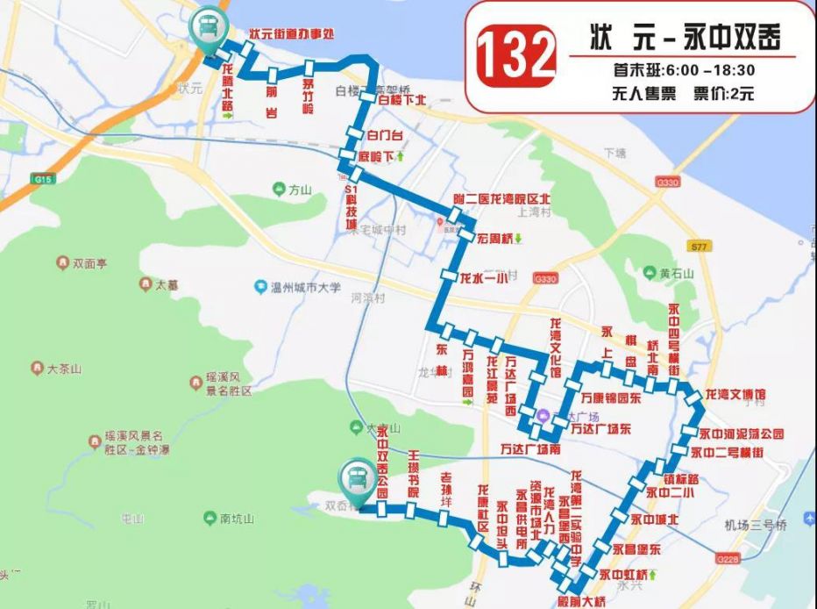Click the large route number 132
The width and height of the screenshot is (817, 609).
point(516,54)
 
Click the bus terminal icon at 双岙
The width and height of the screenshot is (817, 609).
point(356,479)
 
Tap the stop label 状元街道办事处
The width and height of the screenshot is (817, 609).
point(293,34)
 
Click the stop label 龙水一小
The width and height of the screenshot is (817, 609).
point(484,279)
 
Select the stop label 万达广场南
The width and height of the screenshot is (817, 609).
point(529,449)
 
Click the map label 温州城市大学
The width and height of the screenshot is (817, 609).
point(304,287)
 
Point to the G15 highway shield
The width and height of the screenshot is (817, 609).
point(40,179)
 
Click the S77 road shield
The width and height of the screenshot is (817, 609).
point(697,248)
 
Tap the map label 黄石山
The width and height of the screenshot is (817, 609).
point(676,273)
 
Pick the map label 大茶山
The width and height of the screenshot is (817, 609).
point(62,369)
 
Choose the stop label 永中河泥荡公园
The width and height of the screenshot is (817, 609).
point(741,434)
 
